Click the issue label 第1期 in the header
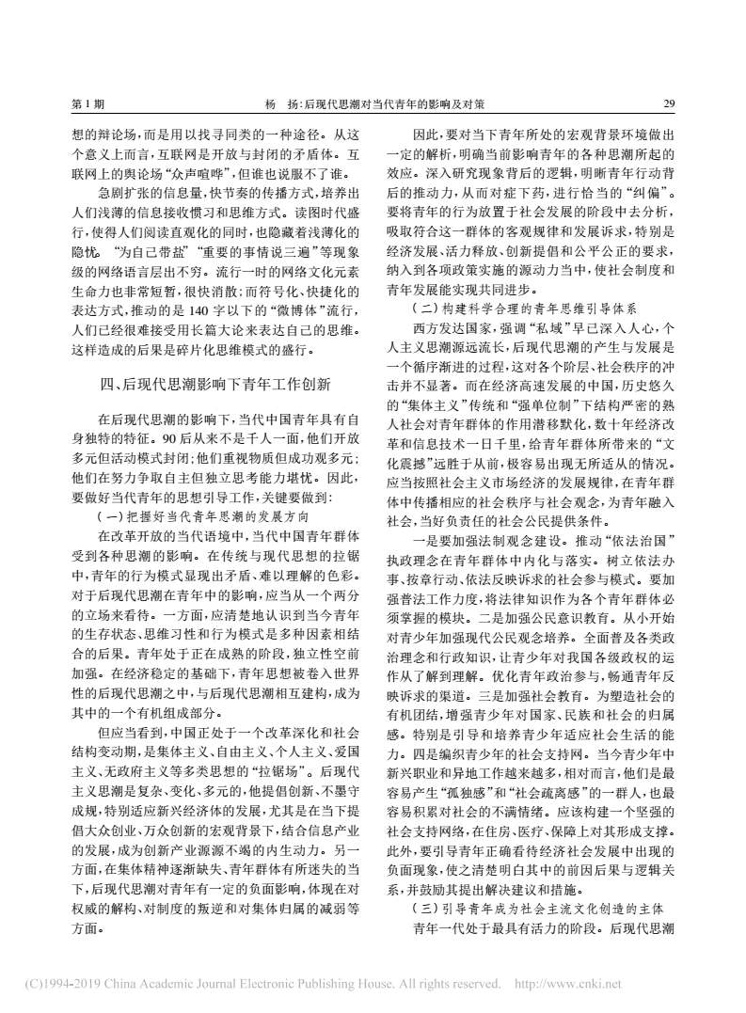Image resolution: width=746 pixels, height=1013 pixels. coord(87,103)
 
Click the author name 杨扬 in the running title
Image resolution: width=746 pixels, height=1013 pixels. coord(283,103)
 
